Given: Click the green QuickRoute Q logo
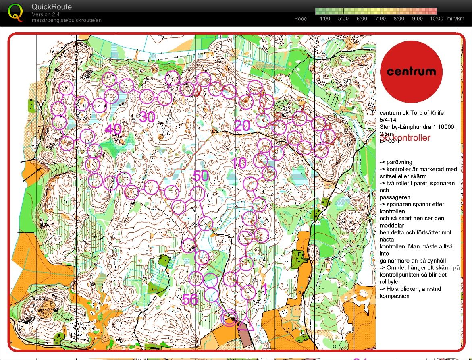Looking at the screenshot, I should [16, 12].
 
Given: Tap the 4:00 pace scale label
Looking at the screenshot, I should [324, 19].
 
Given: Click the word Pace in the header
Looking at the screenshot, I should [300, 19].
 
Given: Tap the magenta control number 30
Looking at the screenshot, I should [148, 117].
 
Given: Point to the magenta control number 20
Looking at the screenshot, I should [242, 126].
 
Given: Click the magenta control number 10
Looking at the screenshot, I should [239, 163].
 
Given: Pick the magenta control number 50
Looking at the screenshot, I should [201, 176].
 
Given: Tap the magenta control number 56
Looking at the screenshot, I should [190, 299].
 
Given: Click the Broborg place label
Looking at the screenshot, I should [39, 298].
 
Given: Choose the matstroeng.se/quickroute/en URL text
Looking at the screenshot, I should [67, 20].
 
